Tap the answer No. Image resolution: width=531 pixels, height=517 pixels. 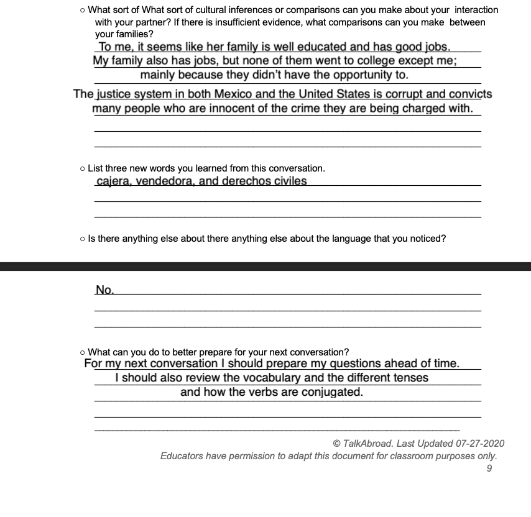[104, 290]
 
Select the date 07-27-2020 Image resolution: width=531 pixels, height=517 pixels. [480, 444]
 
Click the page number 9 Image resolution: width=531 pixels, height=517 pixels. [489, 469]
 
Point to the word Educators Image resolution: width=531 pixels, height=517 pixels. [183, 456]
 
